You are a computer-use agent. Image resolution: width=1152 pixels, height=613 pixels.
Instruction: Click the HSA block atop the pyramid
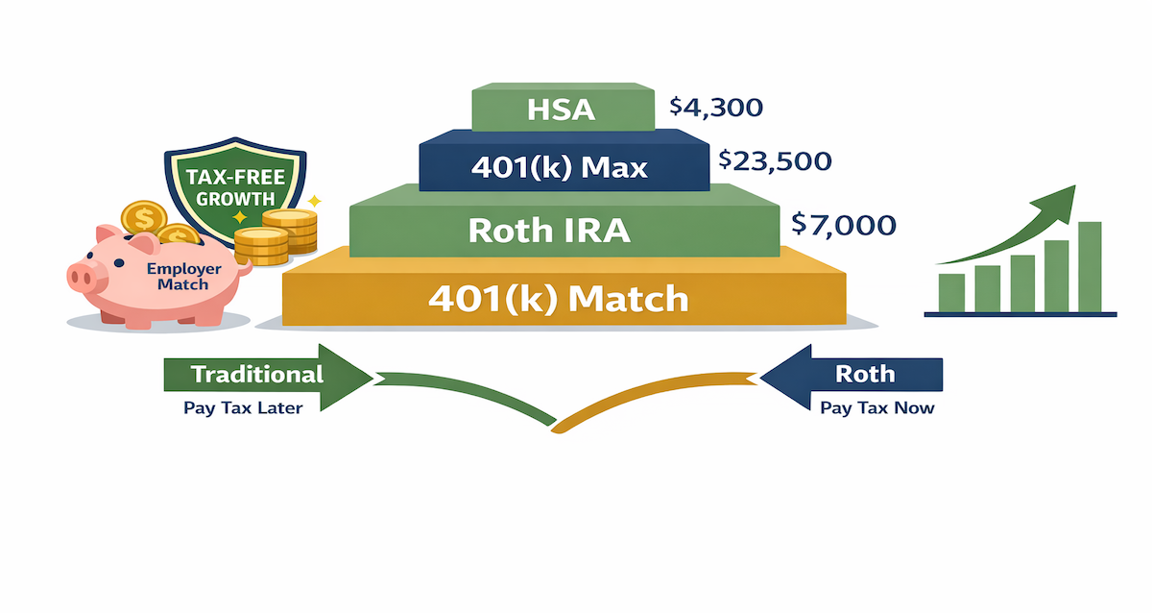click(562, 109)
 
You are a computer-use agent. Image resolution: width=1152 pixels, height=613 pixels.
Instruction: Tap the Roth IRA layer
click(562, 230)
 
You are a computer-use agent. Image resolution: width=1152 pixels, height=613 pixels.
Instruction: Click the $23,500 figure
click(779, 159)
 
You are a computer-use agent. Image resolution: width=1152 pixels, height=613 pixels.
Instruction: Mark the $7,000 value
click(844, 226)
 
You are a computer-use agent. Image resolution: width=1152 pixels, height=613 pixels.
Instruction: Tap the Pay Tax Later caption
click(243, 408)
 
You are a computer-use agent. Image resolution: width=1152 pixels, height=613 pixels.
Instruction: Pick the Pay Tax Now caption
click(876, 408)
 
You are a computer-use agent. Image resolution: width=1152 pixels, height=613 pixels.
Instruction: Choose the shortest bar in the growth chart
click(951, 292)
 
